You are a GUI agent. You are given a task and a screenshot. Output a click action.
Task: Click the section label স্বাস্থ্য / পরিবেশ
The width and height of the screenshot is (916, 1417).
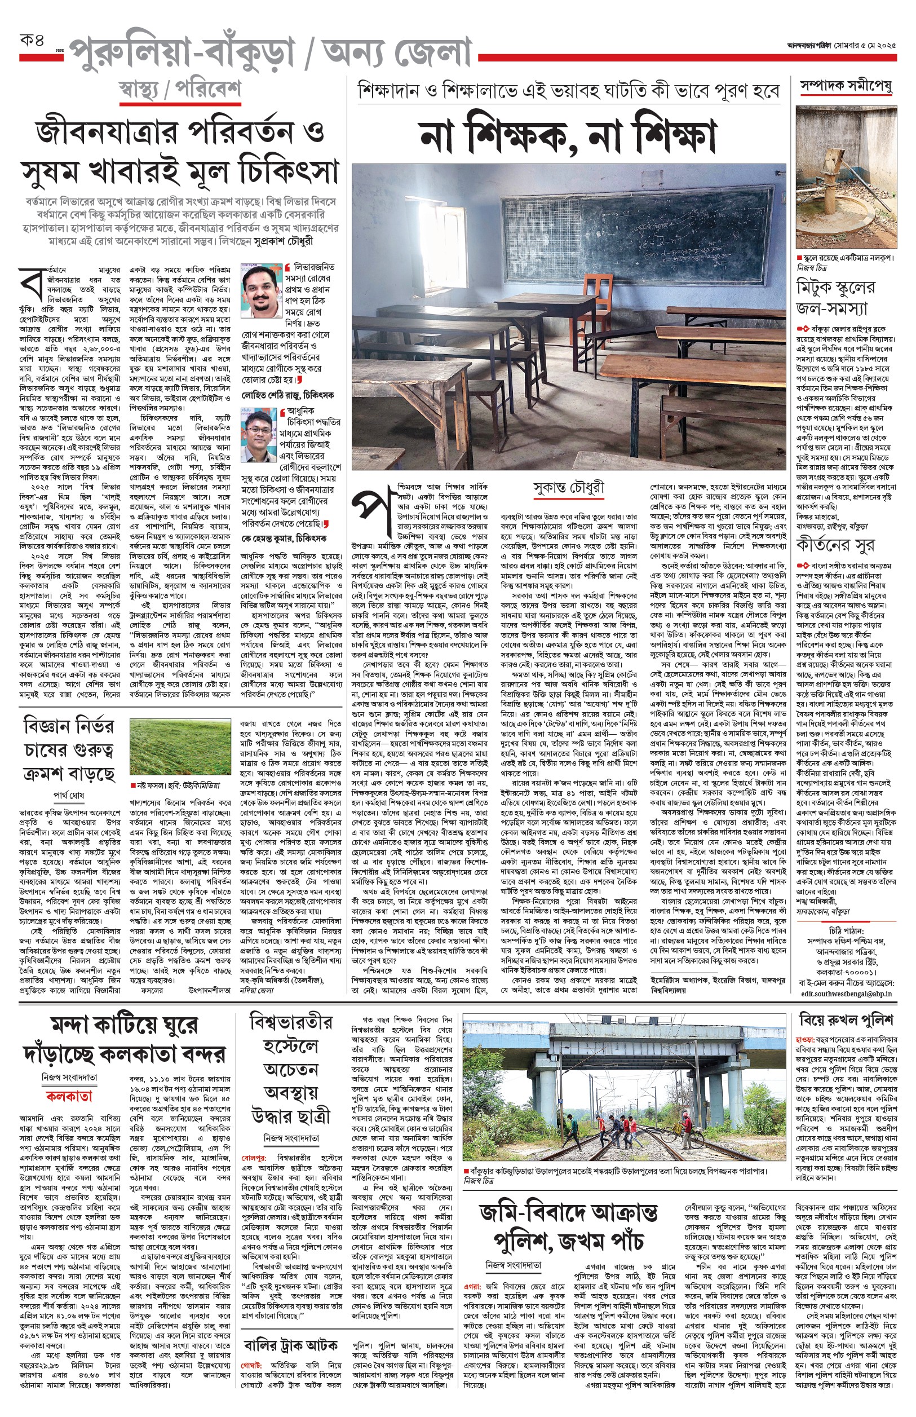point(180,90)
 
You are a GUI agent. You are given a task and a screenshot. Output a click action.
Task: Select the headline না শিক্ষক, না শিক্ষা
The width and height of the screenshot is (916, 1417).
point(568,136)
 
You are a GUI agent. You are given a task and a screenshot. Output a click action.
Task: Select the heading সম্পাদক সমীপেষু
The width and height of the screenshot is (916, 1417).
point(846,86)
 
